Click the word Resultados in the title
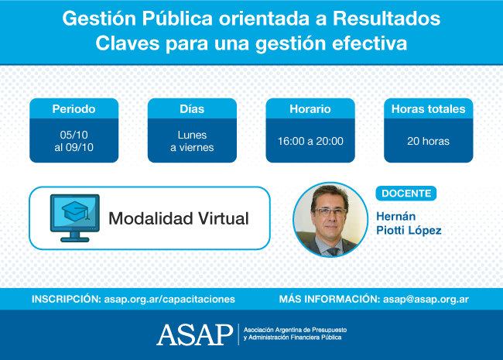pyautogui.click(x=386, y=19)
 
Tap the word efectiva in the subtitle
pyautogui.click(x=370, y=43)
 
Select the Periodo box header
pyautogui.click(x=74, y=109)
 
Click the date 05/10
pyautogui.click(x=74, y=135)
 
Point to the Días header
pyautogui.click(x=192, y=109)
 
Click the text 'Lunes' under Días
pyautogui.click(x=192, y=135)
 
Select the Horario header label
pyautogui.click(x=310, y=109)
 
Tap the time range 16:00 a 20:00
pyautogui.click(x=310, y=141)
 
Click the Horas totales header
pyautogui.click(x=428, y=109)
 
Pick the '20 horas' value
pyautogui.click(x=428, y=141)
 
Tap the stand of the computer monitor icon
pyautogui.click(x=75, y=237)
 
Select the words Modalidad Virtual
pyautogui.click(x=179, y=218)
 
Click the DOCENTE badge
pyautogui.click(x=406, y=194)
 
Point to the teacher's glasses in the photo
pyautogui.click(x=330, y=212)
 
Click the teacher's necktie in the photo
pyautogui.click(x=332, y=252)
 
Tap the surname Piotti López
pyautogui.click(x=409, y=230)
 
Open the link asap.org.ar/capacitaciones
pyautogui.click(x=169, y=299)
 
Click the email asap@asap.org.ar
pyautogui.click(x=426, y=299)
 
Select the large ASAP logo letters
pyautogui.click(x=195, y=334)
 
